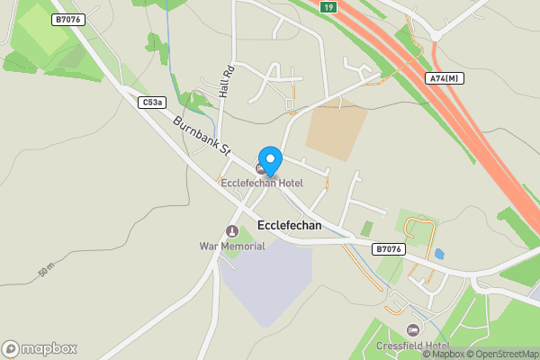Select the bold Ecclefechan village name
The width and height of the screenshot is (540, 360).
point(289,226)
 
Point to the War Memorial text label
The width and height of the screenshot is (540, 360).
point(232,246)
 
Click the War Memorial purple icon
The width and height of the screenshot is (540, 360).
point(232,231)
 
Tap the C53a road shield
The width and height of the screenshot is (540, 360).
point(152,103)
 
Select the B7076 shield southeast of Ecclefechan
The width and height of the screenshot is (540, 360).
point(389,248)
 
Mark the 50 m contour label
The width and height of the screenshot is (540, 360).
point(47,270)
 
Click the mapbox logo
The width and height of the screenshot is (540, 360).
point(40,348)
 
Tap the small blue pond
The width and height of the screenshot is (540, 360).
point(438,254)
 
